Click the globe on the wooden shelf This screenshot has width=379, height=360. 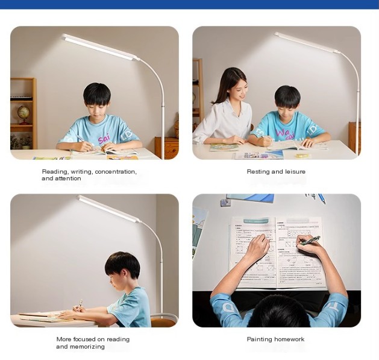click(23, 112)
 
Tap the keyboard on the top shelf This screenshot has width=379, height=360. click(21, 97)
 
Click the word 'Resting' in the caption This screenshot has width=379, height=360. click(258, 172)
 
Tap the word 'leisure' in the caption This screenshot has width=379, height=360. click(293, 172)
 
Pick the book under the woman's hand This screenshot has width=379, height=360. click(224, 147)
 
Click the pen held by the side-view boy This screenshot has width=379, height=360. click(80, 303)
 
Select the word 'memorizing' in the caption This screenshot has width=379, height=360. click(88, 347)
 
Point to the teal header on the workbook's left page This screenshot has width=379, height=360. click(252, 221)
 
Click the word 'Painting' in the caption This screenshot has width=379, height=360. click(260, 339)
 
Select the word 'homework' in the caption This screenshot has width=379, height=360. click(290, 339)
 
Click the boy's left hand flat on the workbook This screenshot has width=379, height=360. click(258, 248)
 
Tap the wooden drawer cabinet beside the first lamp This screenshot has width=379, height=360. click(166, 147)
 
